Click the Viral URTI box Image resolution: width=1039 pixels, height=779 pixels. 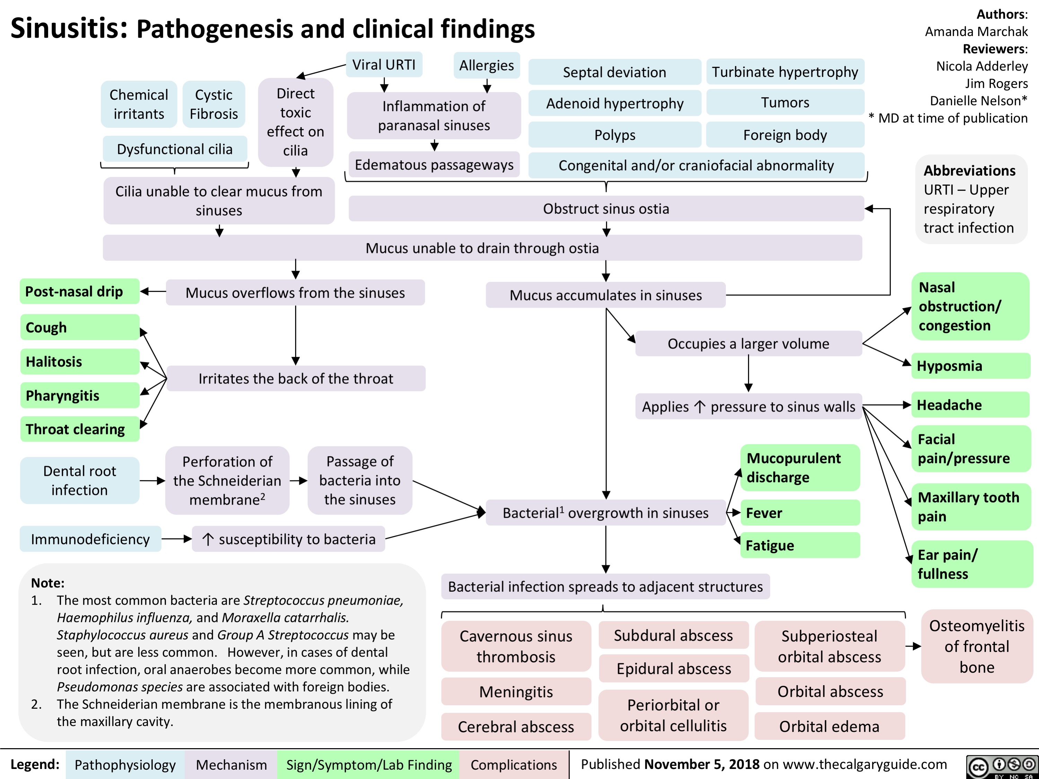[x=384, y=65]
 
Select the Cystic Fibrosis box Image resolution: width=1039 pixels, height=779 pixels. [x=214, y=104]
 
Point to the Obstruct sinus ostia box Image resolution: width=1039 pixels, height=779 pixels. [x=606, y=209]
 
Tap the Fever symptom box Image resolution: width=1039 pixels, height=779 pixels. [x=800, y=513]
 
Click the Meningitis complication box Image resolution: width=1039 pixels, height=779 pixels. [x=516, y=692]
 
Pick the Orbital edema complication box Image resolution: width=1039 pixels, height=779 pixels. [x=829, y=726]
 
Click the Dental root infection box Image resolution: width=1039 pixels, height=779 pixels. [x=79, y=480]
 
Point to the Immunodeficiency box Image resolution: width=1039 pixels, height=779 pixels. [x=90, y=539]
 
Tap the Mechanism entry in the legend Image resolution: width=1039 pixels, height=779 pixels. [x=231, y=765]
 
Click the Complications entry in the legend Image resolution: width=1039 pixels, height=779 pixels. [x=513, y=765]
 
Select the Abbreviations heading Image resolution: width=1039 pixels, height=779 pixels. [x=969, y=170]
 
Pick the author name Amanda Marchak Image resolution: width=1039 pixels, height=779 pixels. [x=976, y=32]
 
